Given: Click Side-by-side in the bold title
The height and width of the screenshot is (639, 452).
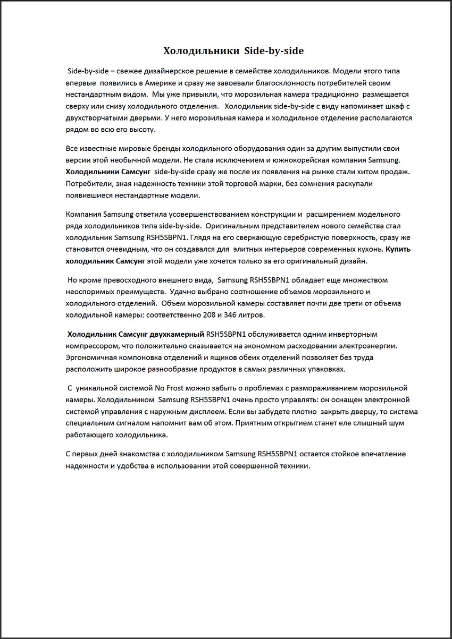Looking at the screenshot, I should [x=274, y=51].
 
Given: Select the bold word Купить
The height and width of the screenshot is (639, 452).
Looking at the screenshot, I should [x=398, y=249].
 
